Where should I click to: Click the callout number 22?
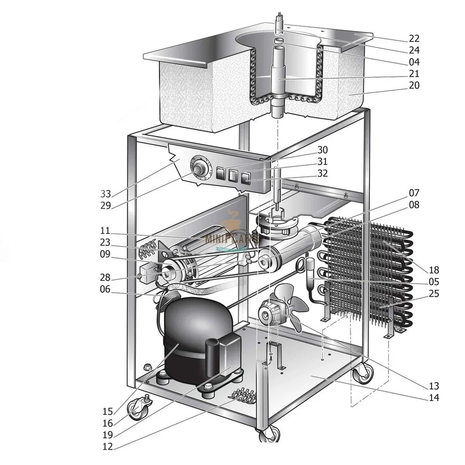[414, 39]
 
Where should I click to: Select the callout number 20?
[414, 85]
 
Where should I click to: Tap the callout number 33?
[106, 194]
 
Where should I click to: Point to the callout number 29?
[106, 205]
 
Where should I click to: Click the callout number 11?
[105, 231]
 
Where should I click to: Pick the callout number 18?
[434, 270]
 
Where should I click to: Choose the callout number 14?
[434, 398]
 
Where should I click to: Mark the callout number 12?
[108, 447]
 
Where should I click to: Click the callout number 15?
[108, 411]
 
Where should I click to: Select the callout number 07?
[414, 193]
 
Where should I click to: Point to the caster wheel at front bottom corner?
[269, 434]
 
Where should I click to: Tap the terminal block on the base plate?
[244, 395]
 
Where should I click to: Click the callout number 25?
[434, 294]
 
